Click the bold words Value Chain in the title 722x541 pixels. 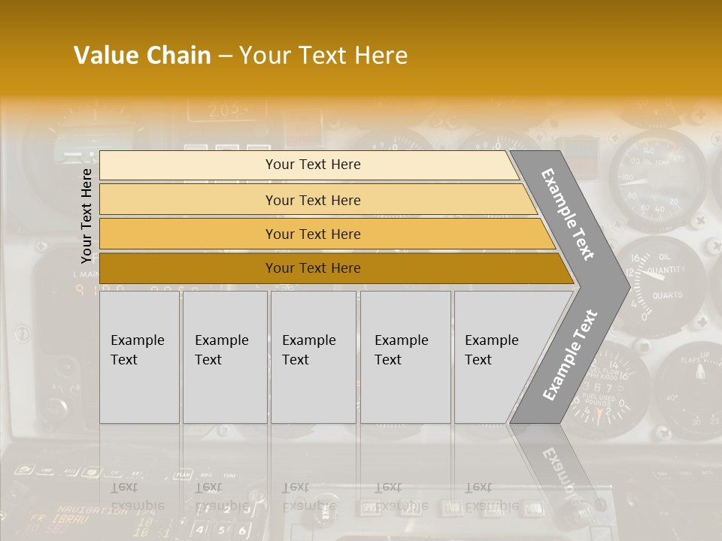142,56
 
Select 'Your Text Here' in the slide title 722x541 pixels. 323,56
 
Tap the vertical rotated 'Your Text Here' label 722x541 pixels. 86,215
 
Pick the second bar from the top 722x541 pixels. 312,200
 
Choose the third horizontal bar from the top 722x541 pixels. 312,234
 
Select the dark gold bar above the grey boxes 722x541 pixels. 312,268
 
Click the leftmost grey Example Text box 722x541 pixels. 139,357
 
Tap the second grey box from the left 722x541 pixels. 225,357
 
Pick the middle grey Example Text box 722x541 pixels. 313,357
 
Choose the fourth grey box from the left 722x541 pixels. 405,357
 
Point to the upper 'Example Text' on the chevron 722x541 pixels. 568,214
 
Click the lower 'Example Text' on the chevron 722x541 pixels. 569,355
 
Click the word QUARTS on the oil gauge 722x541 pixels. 667,295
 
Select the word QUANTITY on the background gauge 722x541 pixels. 666,270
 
